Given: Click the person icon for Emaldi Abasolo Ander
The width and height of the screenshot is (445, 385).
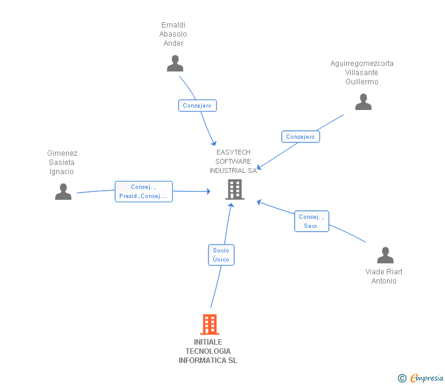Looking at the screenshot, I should [x=175, y=64].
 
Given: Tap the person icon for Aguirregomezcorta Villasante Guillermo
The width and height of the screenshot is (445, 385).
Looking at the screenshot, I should [x=363, y=102].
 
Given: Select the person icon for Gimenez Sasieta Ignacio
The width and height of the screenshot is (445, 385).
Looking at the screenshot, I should [x=63, y=192].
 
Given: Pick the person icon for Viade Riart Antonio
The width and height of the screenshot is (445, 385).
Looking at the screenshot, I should [x=385, y=255].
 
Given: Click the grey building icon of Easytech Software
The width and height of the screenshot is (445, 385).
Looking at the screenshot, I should [x=234, y=189].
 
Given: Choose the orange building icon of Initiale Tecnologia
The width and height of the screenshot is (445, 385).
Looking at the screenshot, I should [x=210, y=324].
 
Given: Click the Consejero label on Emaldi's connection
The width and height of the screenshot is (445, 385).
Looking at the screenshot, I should [x=197, y=106].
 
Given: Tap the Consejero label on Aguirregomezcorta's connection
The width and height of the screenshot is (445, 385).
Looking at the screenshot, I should [x=300, y=137].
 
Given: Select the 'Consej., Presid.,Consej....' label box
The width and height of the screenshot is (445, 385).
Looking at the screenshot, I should [x=144, y=191].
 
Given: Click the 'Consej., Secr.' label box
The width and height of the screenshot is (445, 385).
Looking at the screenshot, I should [x=311, y=221].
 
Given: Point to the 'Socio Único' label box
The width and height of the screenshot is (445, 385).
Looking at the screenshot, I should [x=221, y=255].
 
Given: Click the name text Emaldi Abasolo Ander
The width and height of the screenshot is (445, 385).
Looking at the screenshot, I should [x=174, y=34].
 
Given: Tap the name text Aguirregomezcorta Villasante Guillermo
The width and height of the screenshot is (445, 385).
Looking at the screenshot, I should [x=362, y=73].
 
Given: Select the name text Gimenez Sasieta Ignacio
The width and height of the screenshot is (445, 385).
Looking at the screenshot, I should [x=62, y=163].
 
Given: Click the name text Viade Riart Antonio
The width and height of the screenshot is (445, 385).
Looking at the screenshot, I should [x=384, y=276].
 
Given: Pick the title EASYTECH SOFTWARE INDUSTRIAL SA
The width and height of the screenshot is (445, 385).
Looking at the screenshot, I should [x=233, y=161].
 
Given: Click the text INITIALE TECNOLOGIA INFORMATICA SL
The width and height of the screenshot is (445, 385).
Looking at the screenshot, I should [x=208, y=351].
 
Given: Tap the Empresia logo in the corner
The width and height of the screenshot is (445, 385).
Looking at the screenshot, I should [x=426, y=378].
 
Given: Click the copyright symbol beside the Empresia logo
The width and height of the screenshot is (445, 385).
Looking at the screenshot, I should [x=402, y=379].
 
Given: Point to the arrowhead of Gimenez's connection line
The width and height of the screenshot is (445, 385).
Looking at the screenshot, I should [x=208, y=191].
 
